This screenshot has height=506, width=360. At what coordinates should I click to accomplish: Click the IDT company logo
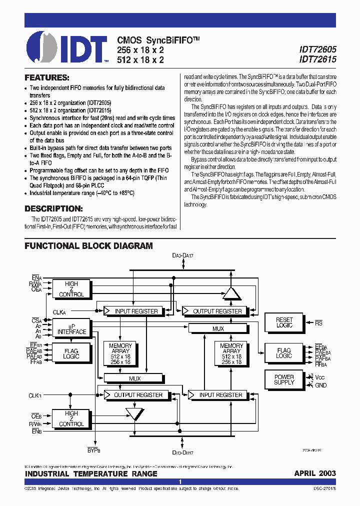67,47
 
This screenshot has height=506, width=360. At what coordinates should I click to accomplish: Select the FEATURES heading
46,78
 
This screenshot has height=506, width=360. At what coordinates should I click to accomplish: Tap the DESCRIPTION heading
53,208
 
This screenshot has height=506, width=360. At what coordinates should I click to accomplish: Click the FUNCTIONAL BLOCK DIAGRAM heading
88,246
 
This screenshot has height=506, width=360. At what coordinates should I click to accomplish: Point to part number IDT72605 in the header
317,50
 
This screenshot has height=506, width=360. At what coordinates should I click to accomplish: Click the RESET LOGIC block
284,322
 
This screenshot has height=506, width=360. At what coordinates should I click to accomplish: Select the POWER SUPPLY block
284,379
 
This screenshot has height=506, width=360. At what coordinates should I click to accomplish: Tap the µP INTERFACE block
71,328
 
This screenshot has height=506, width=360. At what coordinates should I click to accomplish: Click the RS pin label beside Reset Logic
318,323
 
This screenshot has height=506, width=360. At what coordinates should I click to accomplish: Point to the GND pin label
320,385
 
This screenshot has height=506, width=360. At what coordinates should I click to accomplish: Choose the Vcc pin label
320,377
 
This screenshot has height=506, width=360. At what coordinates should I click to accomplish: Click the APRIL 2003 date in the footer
315,473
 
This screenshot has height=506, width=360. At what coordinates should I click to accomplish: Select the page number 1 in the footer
180,482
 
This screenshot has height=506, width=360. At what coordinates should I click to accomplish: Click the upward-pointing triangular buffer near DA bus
231,293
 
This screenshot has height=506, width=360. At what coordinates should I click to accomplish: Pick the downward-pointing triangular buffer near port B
134,413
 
